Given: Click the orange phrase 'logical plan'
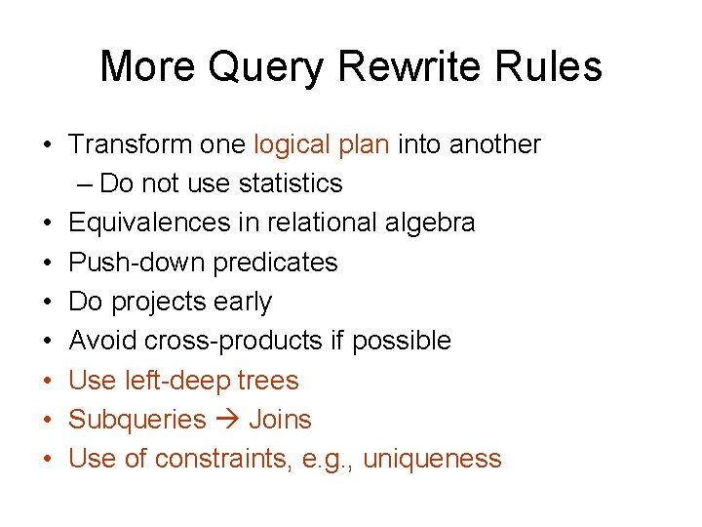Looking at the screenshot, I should (x=322, y=144).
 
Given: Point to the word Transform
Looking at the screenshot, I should (x=129, y=144).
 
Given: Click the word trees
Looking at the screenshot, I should (x=268, y=381).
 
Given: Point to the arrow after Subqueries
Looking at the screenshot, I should (x=227, y=420).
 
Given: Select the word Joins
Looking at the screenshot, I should (x=280, y=420).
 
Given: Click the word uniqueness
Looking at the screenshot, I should (x=432, y=459).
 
